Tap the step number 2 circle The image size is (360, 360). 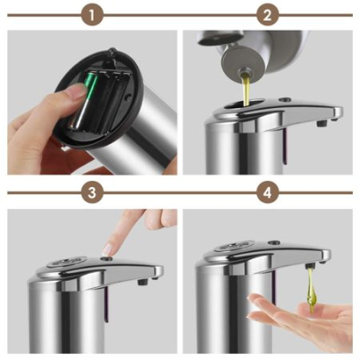(266, 15)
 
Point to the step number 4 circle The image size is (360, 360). (266, 193)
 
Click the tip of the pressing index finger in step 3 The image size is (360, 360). (110, 249)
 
